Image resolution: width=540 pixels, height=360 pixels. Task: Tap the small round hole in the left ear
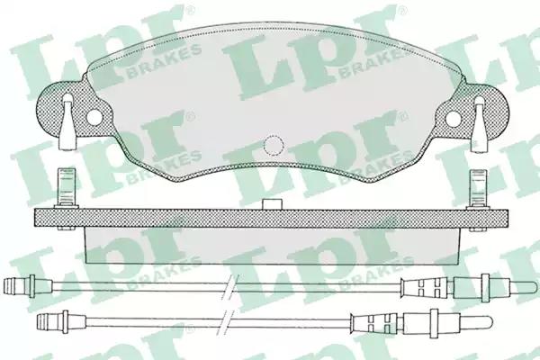tap(94, 117)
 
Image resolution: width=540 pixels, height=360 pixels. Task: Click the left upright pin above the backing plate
tap(67, 188)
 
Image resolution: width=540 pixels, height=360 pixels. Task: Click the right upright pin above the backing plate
tap(479, 189)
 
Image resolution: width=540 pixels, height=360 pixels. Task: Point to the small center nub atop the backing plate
tap(273, 203)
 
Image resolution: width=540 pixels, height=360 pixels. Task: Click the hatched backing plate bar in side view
tap(272, 218)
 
